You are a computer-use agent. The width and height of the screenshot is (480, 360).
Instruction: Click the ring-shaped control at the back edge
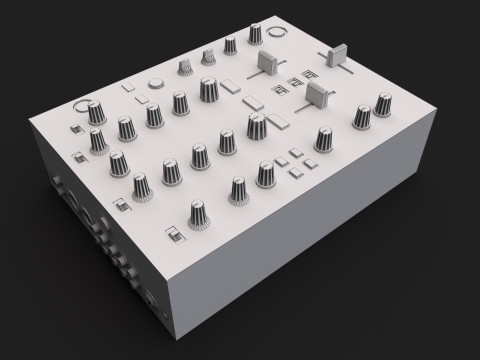pyautogui.click(x=276, y=32)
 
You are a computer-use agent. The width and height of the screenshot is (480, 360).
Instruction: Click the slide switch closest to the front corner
pyautogui.click(x=174, y=236)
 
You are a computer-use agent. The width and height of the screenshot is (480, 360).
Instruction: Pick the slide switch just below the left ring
pyautogui.click(x=75, y=129)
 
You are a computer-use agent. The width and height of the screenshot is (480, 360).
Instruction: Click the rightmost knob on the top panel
pyautogui.click(x=385, y=105)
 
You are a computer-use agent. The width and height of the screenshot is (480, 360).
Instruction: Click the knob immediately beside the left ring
pyautogui.click(x=97, y=112)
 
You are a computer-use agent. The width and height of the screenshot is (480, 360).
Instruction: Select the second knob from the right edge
pyautogui.click(x=358, y=118)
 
